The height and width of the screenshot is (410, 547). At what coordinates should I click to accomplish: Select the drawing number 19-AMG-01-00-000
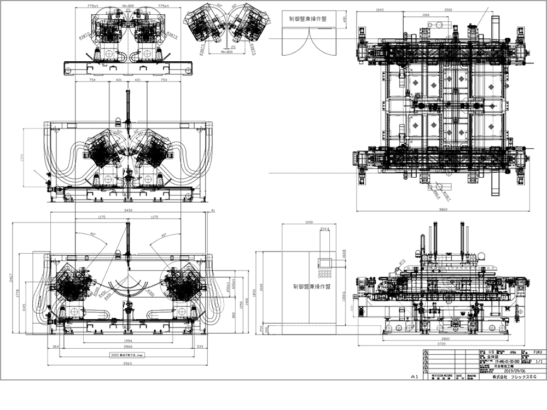point(502,361)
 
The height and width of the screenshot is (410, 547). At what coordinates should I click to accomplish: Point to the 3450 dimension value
point(128,209)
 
